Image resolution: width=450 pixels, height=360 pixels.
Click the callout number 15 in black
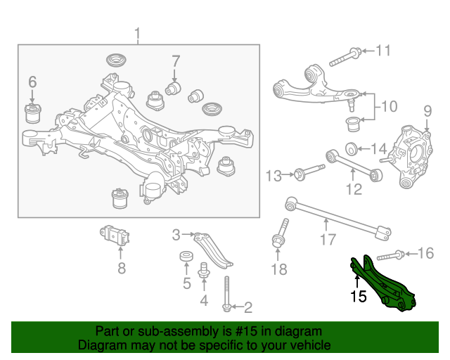coord(359,296)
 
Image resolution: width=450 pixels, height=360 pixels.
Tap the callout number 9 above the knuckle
coord(427,111)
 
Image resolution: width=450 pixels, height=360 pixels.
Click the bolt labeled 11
coord(345,58)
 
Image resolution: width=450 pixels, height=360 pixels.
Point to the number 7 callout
coord(176,61)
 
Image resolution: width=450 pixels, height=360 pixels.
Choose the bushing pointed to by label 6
coord(33,113)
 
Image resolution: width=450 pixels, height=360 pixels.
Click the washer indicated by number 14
coord(351,148)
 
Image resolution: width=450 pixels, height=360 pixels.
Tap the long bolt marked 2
coord(226,294)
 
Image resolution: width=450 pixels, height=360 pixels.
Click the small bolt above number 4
coord(203,270)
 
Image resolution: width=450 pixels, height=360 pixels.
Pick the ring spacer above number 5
coord(186,256)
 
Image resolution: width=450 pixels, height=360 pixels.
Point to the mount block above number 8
coord(115,236)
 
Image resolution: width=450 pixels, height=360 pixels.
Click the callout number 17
coord(328,240)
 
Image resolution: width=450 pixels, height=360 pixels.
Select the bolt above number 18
coord(281,233)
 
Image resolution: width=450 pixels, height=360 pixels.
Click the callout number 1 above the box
coord(138,34)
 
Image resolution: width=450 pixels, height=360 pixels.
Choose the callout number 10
coord(389,106)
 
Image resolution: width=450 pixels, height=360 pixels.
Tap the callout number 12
coord(354,189)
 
